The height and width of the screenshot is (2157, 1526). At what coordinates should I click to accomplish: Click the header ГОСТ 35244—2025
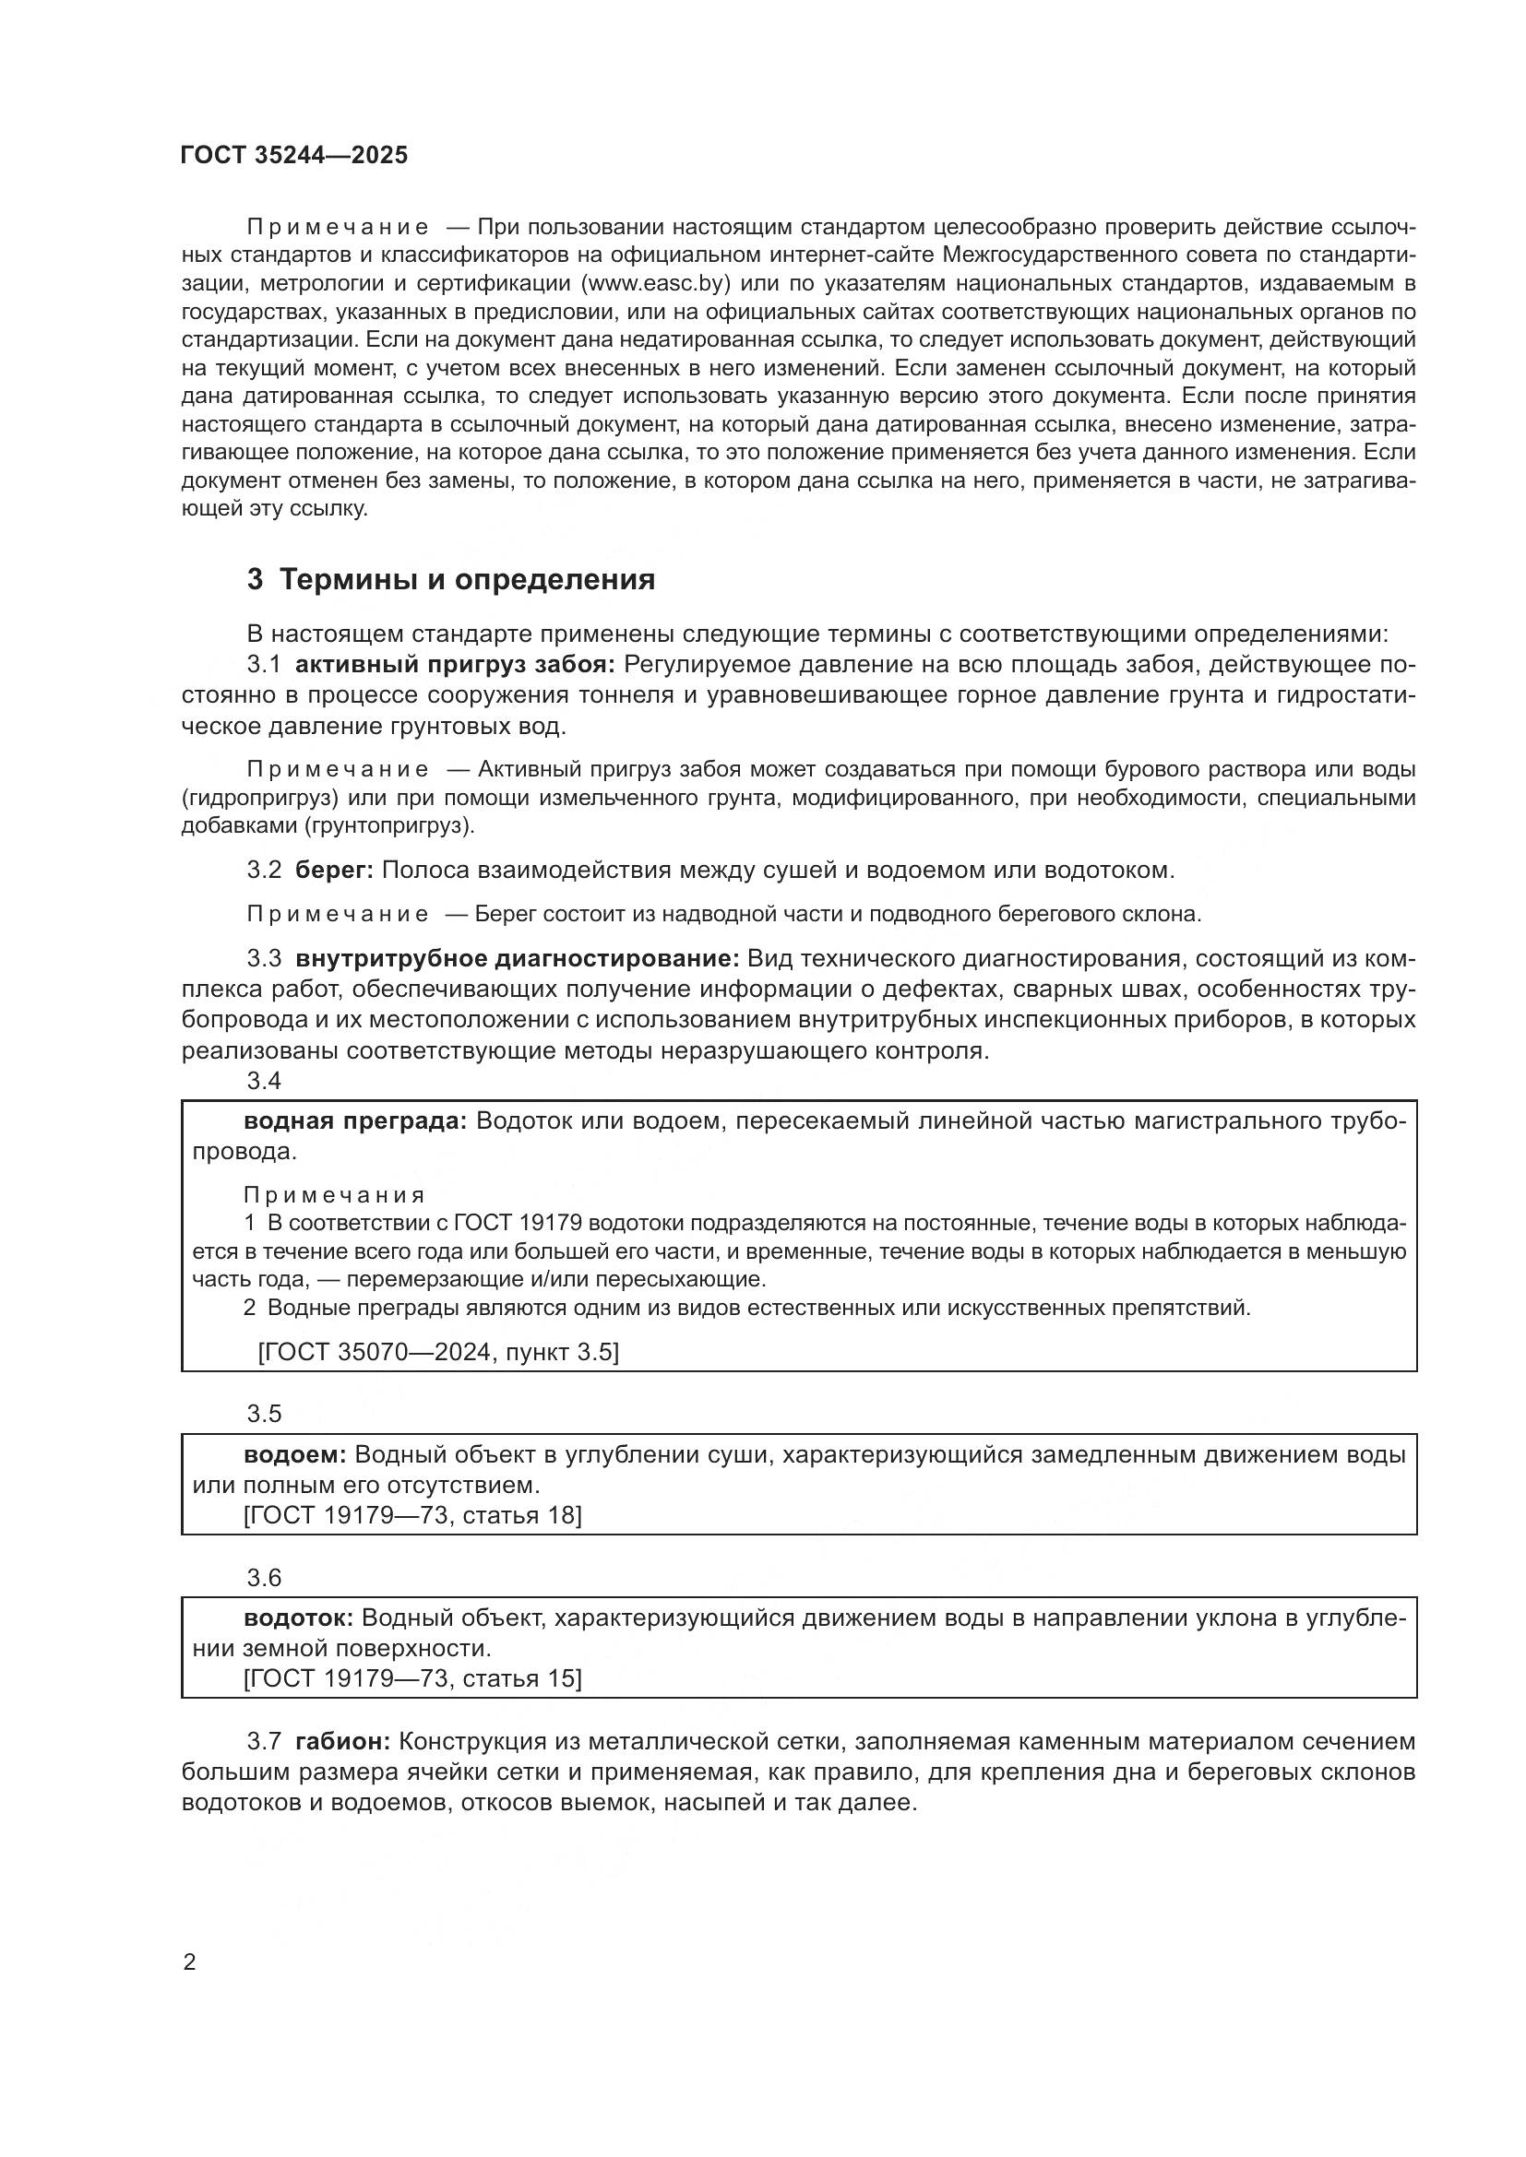[x=294, y=156]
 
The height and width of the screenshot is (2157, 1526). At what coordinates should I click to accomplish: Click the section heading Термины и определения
[x=467, y=580]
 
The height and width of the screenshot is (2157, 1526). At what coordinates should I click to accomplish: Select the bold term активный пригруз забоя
[x=455, y=665]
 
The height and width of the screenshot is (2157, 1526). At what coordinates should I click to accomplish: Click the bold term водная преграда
[x=354, y=1121]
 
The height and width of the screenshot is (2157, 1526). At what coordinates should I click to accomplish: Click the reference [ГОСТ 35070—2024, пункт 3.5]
[x=438, y=1352]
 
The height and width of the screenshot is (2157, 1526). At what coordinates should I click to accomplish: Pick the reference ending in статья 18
[x=412, y=1515]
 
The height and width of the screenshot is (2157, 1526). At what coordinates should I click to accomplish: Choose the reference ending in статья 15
[x=412, y=1678]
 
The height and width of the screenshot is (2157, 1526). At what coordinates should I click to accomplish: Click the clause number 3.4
[x=264, y=1082]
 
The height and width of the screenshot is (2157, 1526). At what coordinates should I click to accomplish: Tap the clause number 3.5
[x=264, y=1414]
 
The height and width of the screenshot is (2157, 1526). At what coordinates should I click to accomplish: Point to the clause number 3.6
[x=264, y=1577]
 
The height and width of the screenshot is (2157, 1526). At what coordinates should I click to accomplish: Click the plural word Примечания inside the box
[x=334, y=1195]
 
